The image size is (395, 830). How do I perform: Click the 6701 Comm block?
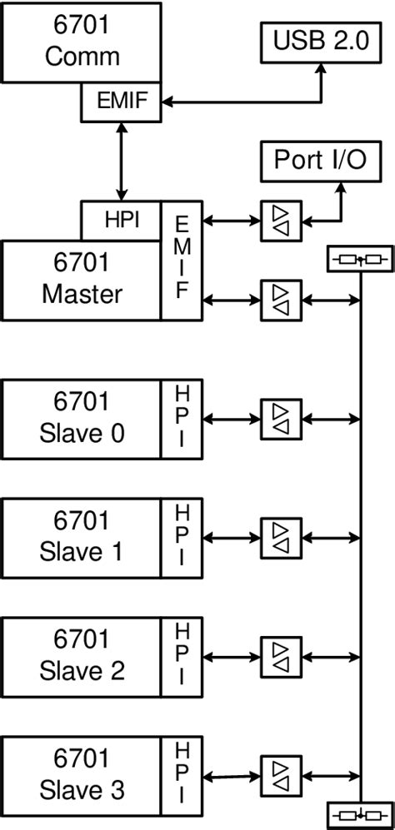[82, 42]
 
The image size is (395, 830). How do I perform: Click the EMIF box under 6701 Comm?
[122, 102]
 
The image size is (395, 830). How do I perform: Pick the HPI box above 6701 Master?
[122, 220]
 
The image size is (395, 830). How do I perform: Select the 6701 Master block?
[82, 280]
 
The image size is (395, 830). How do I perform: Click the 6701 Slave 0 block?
[82, 419]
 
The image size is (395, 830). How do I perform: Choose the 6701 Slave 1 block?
[82, 537]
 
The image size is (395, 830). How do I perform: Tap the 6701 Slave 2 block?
[82, 656]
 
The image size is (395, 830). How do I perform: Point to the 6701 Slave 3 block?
[82, 775]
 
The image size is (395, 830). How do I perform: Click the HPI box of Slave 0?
[182, 419]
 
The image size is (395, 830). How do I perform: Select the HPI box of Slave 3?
[182, 775]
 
